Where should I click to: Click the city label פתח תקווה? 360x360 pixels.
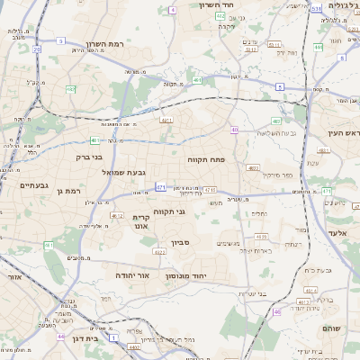click(x=206, y=159)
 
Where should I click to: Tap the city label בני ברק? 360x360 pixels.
click(x=86, y=156)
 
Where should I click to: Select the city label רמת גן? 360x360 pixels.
click(x=67, y=190)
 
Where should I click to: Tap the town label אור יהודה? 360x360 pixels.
click(x=138, y=275)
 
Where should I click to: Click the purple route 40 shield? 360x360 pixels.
click(x=233, y=130)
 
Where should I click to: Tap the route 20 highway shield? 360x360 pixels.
click(x=37, y=50)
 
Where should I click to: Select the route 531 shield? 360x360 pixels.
click(x=315, y=8)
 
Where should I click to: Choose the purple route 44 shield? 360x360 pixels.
click(x=61, y=336)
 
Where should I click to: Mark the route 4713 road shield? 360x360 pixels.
click(x=210, y=190)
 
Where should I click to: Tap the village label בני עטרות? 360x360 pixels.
click(x=256, y=292)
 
